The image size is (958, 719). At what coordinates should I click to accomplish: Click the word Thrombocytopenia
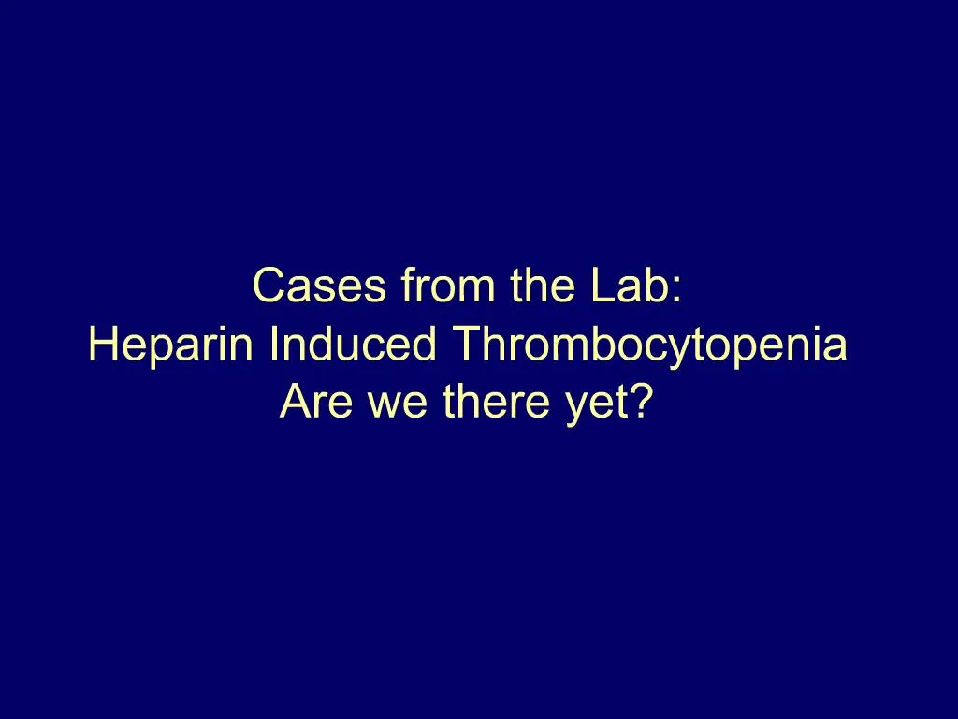pyautogui.click(x=650, y=346)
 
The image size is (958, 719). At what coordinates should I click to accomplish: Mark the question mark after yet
pyautogui.click(x=640, y=403)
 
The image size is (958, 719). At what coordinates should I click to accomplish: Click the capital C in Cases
pyautogui.click(x=269, y=286)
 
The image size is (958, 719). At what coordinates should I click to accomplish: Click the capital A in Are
pyautogui.click(x=294, y=403)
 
